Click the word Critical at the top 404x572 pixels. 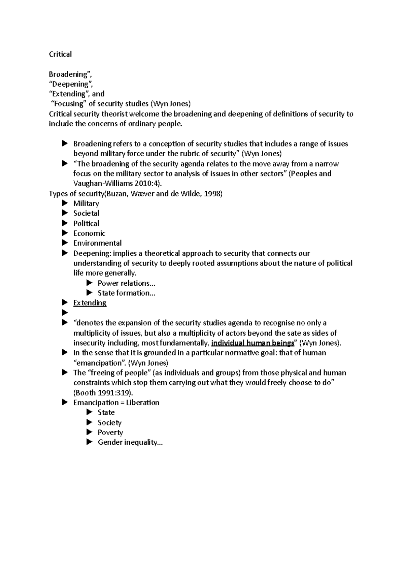click(60, 54)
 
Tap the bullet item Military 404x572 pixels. click(86, 203)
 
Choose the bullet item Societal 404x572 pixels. click(86, 213)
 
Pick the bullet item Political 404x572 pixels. click(86, 223)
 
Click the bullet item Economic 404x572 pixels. click(89, 233)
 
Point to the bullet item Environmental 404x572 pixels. click(97, 243)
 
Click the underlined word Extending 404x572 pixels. click(90, 303)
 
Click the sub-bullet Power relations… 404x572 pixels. click(126, 283)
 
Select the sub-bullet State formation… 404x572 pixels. click(126, 293)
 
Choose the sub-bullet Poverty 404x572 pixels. click(110, 433)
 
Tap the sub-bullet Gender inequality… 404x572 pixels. click(130, 442)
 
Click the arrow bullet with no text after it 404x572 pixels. click(65, 313)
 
